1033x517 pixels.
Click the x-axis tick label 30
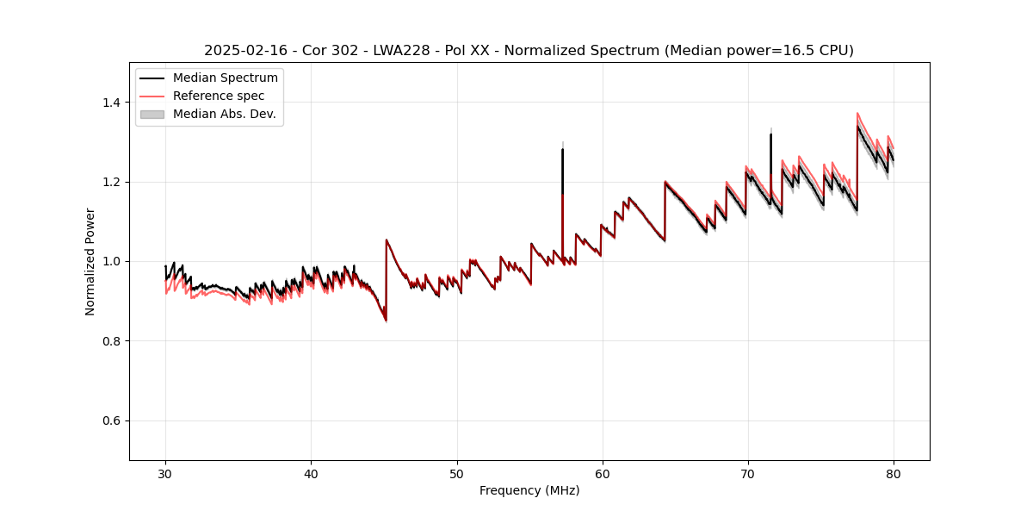point(165,473)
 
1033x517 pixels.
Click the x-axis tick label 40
point(311,473)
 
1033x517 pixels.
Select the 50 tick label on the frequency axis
point(457,473)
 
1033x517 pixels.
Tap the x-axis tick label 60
point(603,473)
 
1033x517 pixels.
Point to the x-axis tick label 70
point(748,473)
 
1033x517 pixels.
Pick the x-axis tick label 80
point(894,473)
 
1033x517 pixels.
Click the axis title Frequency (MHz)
point(529,490)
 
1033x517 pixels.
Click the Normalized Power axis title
point(90,261)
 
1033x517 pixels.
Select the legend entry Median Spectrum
point(225,78)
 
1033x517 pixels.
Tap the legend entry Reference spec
point(219,96)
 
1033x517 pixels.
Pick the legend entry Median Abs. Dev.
point(224,114)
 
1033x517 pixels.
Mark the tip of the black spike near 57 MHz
point(562,150)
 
